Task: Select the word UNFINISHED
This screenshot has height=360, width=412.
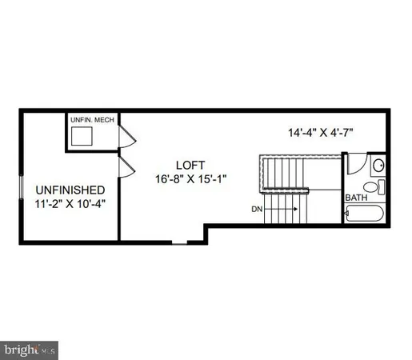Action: click(x=70, y=190)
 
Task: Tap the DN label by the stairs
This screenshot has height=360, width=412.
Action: click(x=257, y=210)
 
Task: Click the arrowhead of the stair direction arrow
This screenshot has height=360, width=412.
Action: click(x=296, y=210)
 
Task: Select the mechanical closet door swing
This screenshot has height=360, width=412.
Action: click(x=125, y=138)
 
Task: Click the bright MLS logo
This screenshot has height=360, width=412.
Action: click(x=29, y=349)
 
